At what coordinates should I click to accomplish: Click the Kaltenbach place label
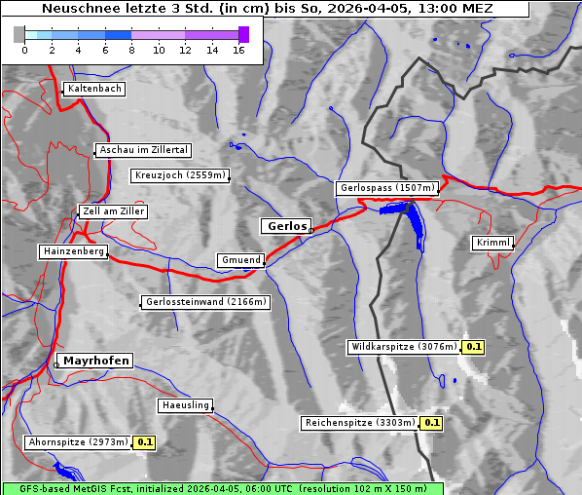[94, 89]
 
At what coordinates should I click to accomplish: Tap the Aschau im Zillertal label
[144, 150]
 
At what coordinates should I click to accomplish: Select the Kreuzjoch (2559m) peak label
[180, 176]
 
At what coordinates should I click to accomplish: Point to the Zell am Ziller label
[113, 211]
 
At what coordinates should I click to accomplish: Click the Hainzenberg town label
[72, 251]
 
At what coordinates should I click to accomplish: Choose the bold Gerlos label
[286, 226]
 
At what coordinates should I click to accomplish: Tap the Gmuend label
[240, 260]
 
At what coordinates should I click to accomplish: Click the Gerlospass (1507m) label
[386, 188]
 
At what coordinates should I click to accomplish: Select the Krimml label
[492, 243]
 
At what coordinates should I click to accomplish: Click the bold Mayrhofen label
[96, 361]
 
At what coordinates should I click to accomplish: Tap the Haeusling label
[185, 405]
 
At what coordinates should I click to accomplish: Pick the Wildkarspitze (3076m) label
[403, 346]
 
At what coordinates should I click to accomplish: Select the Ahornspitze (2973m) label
[78, 442]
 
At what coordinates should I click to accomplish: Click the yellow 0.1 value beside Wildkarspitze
[474, 346]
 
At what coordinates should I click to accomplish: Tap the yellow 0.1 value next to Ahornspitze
[144, 442]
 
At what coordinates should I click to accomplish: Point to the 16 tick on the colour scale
[238, 50]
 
